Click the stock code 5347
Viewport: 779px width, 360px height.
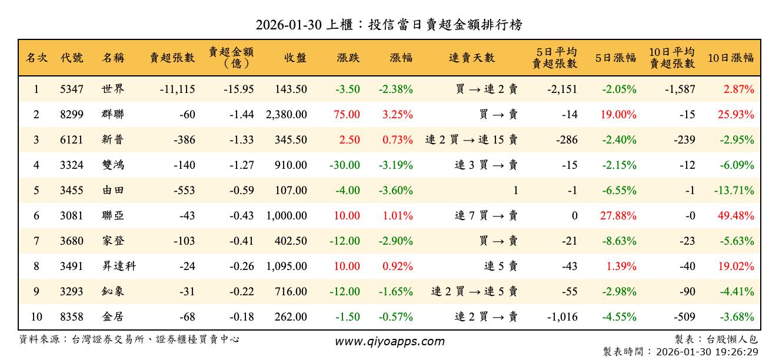pos(72,90)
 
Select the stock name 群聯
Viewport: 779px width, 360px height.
pos(112,115)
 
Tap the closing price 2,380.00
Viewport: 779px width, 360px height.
pos(287,115)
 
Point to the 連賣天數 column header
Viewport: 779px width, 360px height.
pos(472,58)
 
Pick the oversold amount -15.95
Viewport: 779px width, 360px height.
pos(239,90)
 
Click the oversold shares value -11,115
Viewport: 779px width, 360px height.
pos(177,90)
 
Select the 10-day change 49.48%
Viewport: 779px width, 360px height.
pos(735,216)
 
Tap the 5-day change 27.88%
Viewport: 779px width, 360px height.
pos(618,216)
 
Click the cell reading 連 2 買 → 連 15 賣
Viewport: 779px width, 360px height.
pos(471,140)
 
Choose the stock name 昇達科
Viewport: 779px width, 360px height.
pos(118,266)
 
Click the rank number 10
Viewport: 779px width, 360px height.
pos(36,317)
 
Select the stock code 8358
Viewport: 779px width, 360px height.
pos(72,317)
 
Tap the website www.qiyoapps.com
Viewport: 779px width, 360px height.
pos(389,341)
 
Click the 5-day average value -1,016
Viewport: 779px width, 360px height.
pos(562,317)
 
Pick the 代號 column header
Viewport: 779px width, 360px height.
pos(72,58)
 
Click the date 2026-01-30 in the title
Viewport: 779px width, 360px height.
pos(288,25)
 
